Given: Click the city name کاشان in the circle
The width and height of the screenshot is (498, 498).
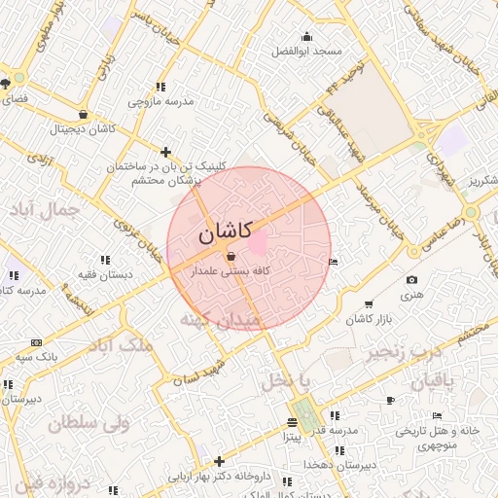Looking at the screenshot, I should [225, 232].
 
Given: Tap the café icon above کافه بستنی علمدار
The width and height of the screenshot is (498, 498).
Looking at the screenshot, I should [231, 257].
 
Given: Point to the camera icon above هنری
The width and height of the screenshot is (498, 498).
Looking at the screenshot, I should [411, 280].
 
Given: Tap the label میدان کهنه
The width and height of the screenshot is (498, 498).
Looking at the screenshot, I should [221, 320].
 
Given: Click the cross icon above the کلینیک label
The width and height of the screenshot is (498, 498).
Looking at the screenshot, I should [166, 152].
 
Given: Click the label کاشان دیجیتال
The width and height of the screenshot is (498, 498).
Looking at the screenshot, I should [84, 128].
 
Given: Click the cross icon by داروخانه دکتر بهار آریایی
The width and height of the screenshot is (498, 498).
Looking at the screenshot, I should [219, 461].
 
